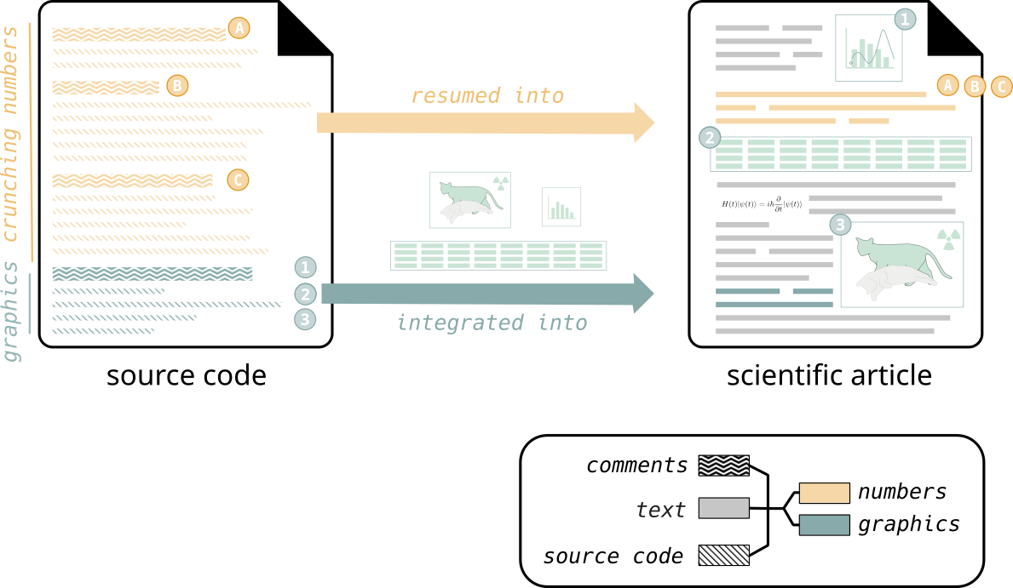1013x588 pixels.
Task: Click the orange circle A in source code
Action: (239, 28)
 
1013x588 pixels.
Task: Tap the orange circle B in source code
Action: (177, 85)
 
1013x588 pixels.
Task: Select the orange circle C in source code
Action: (238, 180)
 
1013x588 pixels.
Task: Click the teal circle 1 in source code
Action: (306, 267)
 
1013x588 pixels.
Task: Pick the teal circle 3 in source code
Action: (306, 320)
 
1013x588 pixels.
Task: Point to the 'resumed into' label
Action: (487, 95)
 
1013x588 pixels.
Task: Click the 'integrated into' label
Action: (492, 323)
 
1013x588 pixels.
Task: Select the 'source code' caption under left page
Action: (186, 375)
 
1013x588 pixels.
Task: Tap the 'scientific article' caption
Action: (829, 375)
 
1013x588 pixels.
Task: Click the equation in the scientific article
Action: (761, 204)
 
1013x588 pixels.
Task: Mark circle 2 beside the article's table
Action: (710, 138)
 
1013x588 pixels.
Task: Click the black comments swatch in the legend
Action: (723, 465)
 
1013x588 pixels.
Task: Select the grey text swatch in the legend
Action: (723, 508)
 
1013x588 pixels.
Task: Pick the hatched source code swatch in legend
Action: (723, 556)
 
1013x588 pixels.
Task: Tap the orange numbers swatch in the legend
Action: (824, 494)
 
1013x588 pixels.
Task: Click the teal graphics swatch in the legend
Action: (824, 525)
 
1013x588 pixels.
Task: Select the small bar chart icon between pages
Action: (561, 207)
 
